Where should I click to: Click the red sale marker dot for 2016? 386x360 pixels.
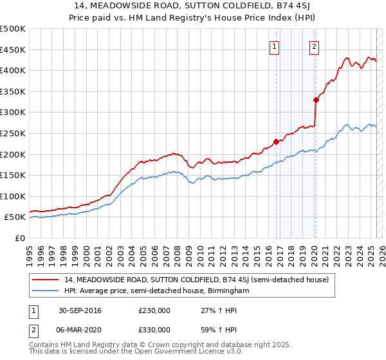coord(276,141)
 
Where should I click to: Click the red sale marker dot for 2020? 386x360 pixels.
coord(316,100)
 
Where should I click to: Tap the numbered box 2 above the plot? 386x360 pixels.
coord(314,46)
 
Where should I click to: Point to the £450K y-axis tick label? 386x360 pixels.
coord(13,50)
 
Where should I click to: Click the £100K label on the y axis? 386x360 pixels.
coord(13,197)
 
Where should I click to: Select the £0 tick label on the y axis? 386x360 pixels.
coord(21,239)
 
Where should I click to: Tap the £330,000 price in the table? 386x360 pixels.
coord(154,330)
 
